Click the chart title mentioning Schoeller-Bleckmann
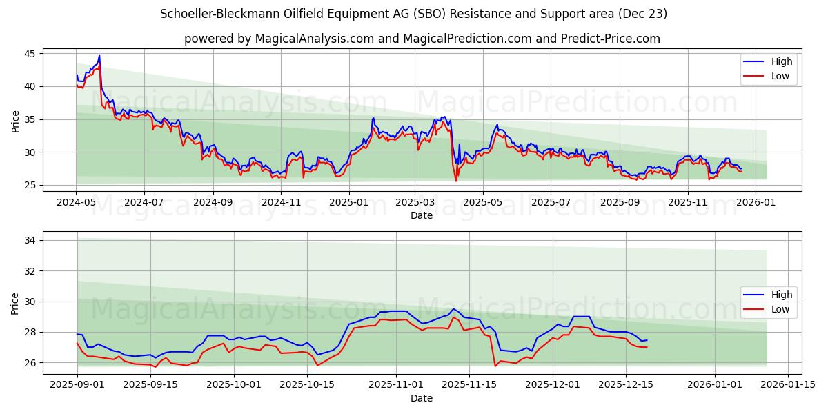click(x=413, y=14)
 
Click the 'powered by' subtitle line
click(x=422, y=39)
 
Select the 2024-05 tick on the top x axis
click(x=76, y=202)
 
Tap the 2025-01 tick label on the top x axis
click(x=348, y=202)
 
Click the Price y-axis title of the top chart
click(x=16, y=121)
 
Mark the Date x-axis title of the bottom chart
click(x=422, y=398)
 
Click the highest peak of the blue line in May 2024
click(x=99, y=55)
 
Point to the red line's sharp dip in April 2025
click(x=456, y=181)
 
